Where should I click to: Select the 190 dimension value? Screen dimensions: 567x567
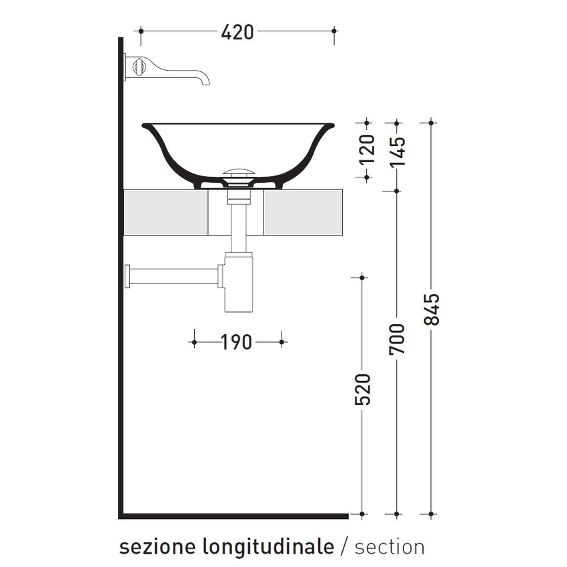click(237, 342)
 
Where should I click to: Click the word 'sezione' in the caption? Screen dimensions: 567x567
click(155, 547)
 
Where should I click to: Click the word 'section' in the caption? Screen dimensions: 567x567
click(390, 547)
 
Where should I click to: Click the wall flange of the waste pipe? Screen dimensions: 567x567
click(127, 275)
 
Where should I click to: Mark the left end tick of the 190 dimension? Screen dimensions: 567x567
click(194, 342)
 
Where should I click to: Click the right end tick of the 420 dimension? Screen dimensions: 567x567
click(334, 31)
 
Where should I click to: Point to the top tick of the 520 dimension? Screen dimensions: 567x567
click(362, 277)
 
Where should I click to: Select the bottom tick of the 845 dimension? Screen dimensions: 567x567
click(432, 514)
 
